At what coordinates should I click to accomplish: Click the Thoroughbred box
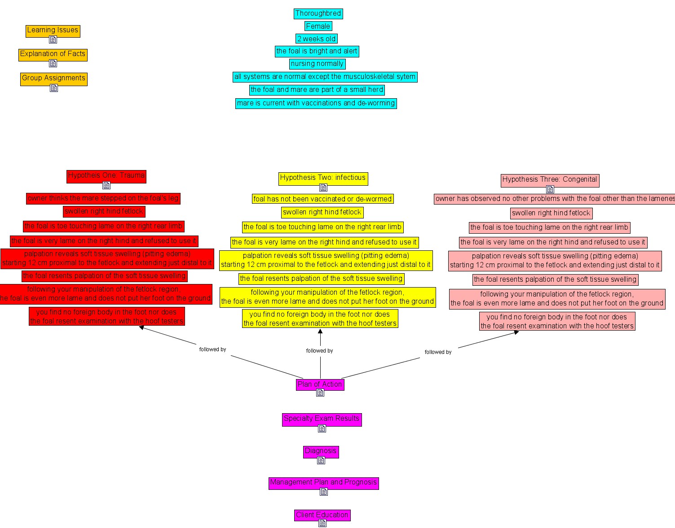[318, 13]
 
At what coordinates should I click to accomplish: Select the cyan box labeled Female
[318, 26]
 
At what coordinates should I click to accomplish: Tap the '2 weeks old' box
[317, 39]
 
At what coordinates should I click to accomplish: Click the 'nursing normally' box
[317, 64]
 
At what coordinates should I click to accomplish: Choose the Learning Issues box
[53, 30]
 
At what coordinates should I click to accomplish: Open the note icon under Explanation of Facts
[53, 63]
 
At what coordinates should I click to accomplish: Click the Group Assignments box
[53, 78]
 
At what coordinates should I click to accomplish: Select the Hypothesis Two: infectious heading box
[322, 178]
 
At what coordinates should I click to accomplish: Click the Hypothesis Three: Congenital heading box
[550, 179]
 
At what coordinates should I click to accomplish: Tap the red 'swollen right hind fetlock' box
[104, 211]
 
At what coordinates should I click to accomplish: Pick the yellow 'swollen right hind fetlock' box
[322, 212]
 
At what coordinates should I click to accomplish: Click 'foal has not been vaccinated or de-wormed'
[322, 199]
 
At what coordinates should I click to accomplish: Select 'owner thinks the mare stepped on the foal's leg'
[103, 198]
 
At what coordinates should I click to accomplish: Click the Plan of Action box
[320, 384]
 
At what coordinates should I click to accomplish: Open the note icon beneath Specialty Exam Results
[322, 428]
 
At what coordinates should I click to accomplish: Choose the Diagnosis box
[321, 451]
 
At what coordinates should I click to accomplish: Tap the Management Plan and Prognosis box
[323, 482]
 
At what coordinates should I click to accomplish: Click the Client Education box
[322, 515]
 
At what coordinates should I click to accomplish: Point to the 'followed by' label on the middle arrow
[319, 351]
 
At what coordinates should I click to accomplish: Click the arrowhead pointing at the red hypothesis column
[141, 327]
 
